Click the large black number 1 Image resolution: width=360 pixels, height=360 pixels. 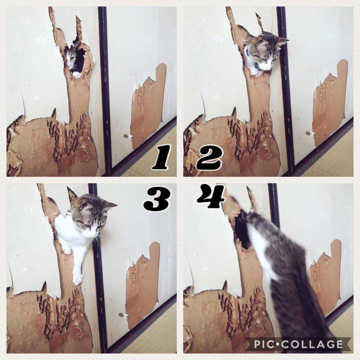161,157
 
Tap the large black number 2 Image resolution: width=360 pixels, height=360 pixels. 209,158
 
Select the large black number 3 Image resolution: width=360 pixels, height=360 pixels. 157,199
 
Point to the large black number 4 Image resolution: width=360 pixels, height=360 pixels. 211,196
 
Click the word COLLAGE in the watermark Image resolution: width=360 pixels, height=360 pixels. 312,344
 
